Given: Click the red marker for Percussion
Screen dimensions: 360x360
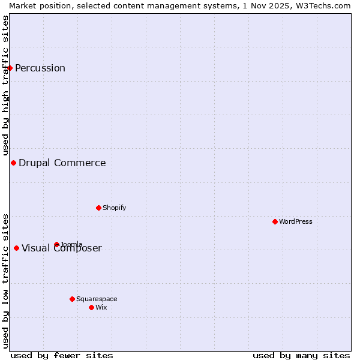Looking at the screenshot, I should pos(10,68).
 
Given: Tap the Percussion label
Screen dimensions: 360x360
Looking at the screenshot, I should pos(40,68).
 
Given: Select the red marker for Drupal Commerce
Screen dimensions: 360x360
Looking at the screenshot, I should pos(13,163).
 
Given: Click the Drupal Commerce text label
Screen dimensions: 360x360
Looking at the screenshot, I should pos(62,163).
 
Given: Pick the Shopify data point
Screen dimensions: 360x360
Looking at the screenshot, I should pos(98,208).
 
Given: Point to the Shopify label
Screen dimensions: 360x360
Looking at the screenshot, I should pos(115,208).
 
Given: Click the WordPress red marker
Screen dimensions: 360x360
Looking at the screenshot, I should pos(275,221).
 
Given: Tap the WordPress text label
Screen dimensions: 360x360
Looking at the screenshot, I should pos(296,221).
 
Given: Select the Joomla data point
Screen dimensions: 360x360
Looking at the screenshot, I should pos(56,244).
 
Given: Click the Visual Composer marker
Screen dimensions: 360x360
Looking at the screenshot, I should pos(16,248).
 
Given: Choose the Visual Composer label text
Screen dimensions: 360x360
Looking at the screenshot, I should pos(62,248).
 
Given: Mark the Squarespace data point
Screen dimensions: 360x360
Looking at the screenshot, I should pos(72,299).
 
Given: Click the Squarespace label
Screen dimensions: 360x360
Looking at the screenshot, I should pos(97,299).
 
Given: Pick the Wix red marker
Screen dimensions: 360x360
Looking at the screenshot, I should pos(91,307).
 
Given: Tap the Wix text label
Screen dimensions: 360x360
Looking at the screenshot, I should pos(101,307).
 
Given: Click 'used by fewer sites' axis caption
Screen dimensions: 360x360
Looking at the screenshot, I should pos(62,355).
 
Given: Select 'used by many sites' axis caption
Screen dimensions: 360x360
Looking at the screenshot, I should pos(301,355).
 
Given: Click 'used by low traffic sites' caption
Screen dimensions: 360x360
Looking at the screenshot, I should pos(6,280).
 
